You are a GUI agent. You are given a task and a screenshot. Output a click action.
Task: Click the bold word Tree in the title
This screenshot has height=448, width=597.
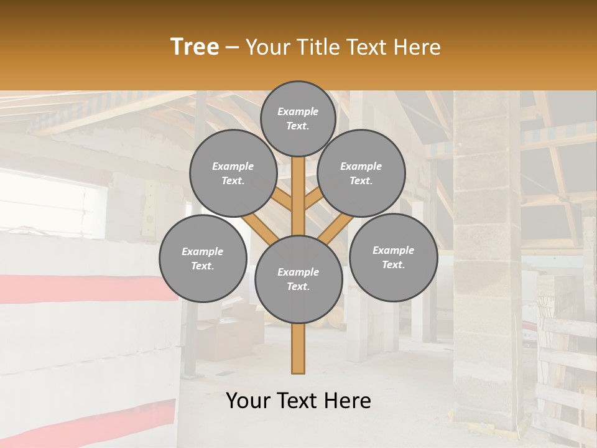[x=195, y=47]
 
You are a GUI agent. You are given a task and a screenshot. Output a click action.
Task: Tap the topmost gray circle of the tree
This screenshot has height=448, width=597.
[x=298, y=118]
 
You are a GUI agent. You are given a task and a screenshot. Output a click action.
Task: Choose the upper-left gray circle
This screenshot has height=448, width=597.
[x=233, y=173]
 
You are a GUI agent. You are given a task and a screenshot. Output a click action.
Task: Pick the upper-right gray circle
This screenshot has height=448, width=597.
[x=361, y=173]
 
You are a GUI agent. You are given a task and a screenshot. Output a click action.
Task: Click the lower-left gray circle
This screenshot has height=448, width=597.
[x=202, y=258]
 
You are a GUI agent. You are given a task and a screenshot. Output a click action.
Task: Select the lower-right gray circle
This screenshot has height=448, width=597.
[x=393, y=257]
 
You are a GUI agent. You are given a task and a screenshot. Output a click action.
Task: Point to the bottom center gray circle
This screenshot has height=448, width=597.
[x=298, y=279]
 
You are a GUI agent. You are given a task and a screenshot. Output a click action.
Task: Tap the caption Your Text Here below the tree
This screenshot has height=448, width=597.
[x=298, y=401]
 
